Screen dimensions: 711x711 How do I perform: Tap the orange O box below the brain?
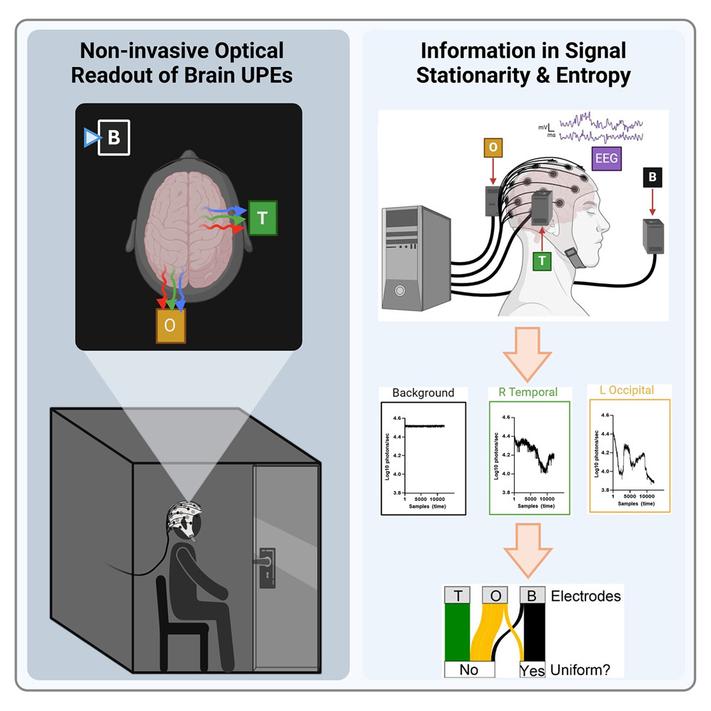click(171, 325)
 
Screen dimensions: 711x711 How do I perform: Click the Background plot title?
click(423, 393)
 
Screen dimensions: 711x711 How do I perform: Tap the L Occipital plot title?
click(629, 391)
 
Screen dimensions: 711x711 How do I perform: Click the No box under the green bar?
click(468, 670)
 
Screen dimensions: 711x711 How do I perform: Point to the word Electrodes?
click(586, 595)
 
